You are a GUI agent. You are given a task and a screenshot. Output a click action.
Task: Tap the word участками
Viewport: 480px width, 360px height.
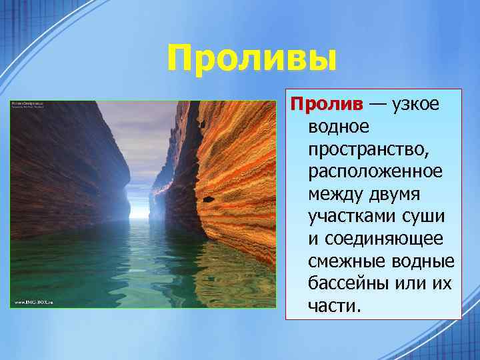(354, 217)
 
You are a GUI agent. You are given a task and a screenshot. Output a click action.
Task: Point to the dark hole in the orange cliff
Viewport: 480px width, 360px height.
(209, 199)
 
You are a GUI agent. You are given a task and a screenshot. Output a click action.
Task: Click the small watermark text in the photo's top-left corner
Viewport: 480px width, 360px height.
(27, 105)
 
